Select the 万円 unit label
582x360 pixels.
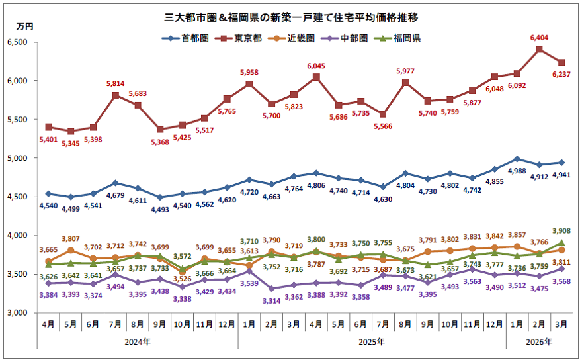click(x=24, y=26)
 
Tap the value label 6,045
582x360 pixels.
click(x=317, y=66)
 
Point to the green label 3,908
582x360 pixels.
click(x=562, y=231)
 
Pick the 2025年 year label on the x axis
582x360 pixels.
click(x=372, y=341)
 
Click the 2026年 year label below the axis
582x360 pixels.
click(x=539, y=341)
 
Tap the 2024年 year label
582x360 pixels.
click(x=137, y=341)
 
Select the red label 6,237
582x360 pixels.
click(x=562, y=75)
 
